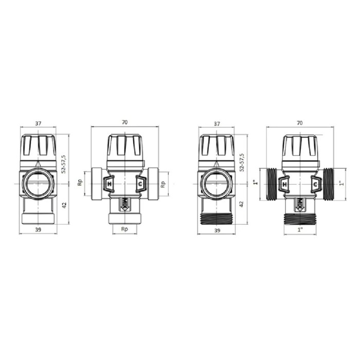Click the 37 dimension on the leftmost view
pos(38,123)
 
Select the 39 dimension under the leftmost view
pos(38,229)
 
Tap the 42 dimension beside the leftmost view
pos(64,205)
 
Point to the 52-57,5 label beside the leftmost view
pos(64,164)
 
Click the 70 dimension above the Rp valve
pos(124,122)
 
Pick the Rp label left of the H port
pos(80,183)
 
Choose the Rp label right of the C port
pos(163,184)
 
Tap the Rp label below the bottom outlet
pos(124,229)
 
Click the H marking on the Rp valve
pos(109,184)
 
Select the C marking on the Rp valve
pos(139,184)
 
